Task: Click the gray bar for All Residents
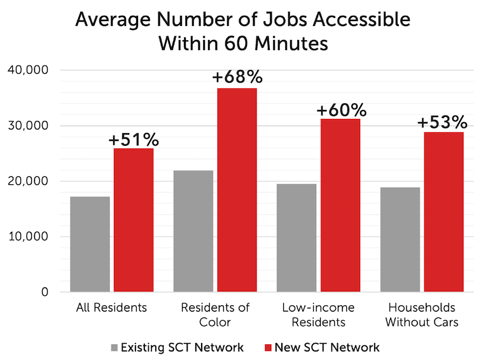click(90, 244)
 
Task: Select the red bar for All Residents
click(134, 220)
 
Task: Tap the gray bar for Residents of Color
click(193, 231)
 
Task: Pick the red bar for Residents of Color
click(237, 190)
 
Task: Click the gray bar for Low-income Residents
click(296, 238)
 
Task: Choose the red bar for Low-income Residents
click(340, 205)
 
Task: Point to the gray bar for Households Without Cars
click(400, 240)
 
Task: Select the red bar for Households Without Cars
click(444, 212)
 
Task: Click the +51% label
click(134, 139)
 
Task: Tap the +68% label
click(237, 78)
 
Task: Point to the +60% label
click(340, 110)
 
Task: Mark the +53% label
click(443, 122)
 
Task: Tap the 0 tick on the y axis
click(45, 293)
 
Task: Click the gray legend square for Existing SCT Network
click(114, 347)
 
